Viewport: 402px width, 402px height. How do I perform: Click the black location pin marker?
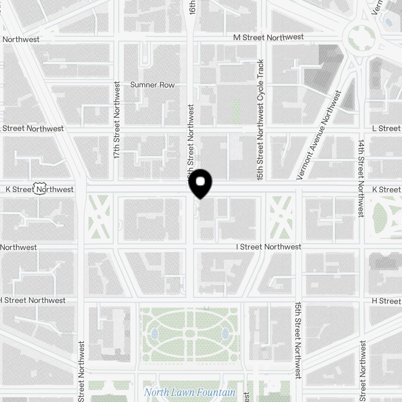pos(200,183)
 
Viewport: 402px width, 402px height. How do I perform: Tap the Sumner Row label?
pos(152,85)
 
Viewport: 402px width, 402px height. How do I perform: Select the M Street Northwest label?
pos(269,37)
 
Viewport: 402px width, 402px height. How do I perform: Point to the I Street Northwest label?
pos(268,247)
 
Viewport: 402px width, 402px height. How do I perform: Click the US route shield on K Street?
pos(40,189)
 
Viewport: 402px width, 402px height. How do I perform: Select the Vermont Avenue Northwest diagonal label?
pos(319,135)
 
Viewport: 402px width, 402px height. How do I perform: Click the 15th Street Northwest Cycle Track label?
pos(260,119)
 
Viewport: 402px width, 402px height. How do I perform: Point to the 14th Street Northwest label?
pos(361,178)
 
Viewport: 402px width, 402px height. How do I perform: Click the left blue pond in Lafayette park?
pos(155,333)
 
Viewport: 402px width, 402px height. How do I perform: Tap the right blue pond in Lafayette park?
pos(225,333)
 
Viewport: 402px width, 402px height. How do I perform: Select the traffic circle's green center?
pos(361,37)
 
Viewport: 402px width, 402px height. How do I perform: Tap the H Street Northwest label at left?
pos(33,300)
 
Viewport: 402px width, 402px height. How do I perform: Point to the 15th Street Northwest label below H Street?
pos(298,340)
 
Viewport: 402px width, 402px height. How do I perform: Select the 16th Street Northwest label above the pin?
pos(191,141)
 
